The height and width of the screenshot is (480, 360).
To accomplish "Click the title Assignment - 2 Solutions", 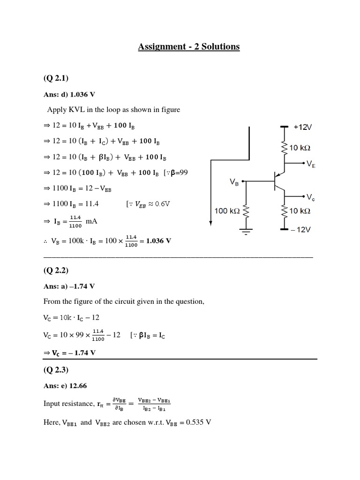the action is pos(189,47).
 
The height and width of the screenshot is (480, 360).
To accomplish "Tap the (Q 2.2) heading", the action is pos(56,270).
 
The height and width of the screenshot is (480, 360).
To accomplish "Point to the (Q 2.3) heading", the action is pos(56,370).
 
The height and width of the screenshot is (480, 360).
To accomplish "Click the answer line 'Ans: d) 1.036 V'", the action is pos(69,94).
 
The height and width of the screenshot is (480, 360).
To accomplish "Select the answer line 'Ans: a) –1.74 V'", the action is pos(69,286).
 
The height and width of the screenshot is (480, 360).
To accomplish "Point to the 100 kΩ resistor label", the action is pos(227,211).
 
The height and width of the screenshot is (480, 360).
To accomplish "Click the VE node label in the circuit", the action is pos(311,164).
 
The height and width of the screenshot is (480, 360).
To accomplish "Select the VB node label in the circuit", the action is pos(234,181).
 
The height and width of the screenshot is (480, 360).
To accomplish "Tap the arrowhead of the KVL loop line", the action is pos(211,222).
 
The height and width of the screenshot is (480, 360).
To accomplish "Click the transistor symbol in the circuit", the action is pos(280,181).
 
